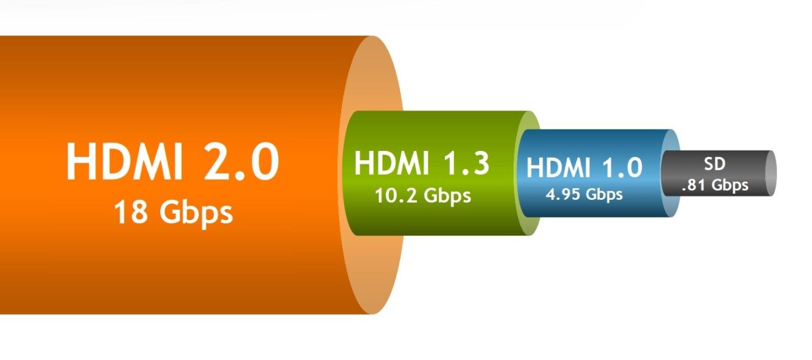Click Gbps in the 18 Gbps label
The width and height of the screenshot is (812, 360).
tap(196, 214)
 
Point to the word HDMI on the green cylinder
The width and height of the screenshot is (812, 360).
tap(391, 163)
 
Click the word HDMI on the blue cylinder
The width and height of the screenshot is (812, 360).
tap(558, 168)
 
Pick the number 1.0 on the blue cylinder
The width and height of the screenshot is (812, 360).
tap(622, 168)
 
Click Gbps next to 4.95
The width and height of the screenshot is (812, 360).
tap(604, 196)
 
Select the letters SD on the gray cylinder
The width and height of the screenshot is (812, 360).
tap(715, 164)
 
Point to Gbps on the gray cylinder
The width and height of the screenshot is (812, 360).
tap(729, 186)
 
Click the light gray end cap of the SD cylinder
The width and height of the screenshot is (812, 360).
tap(770, 174)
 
